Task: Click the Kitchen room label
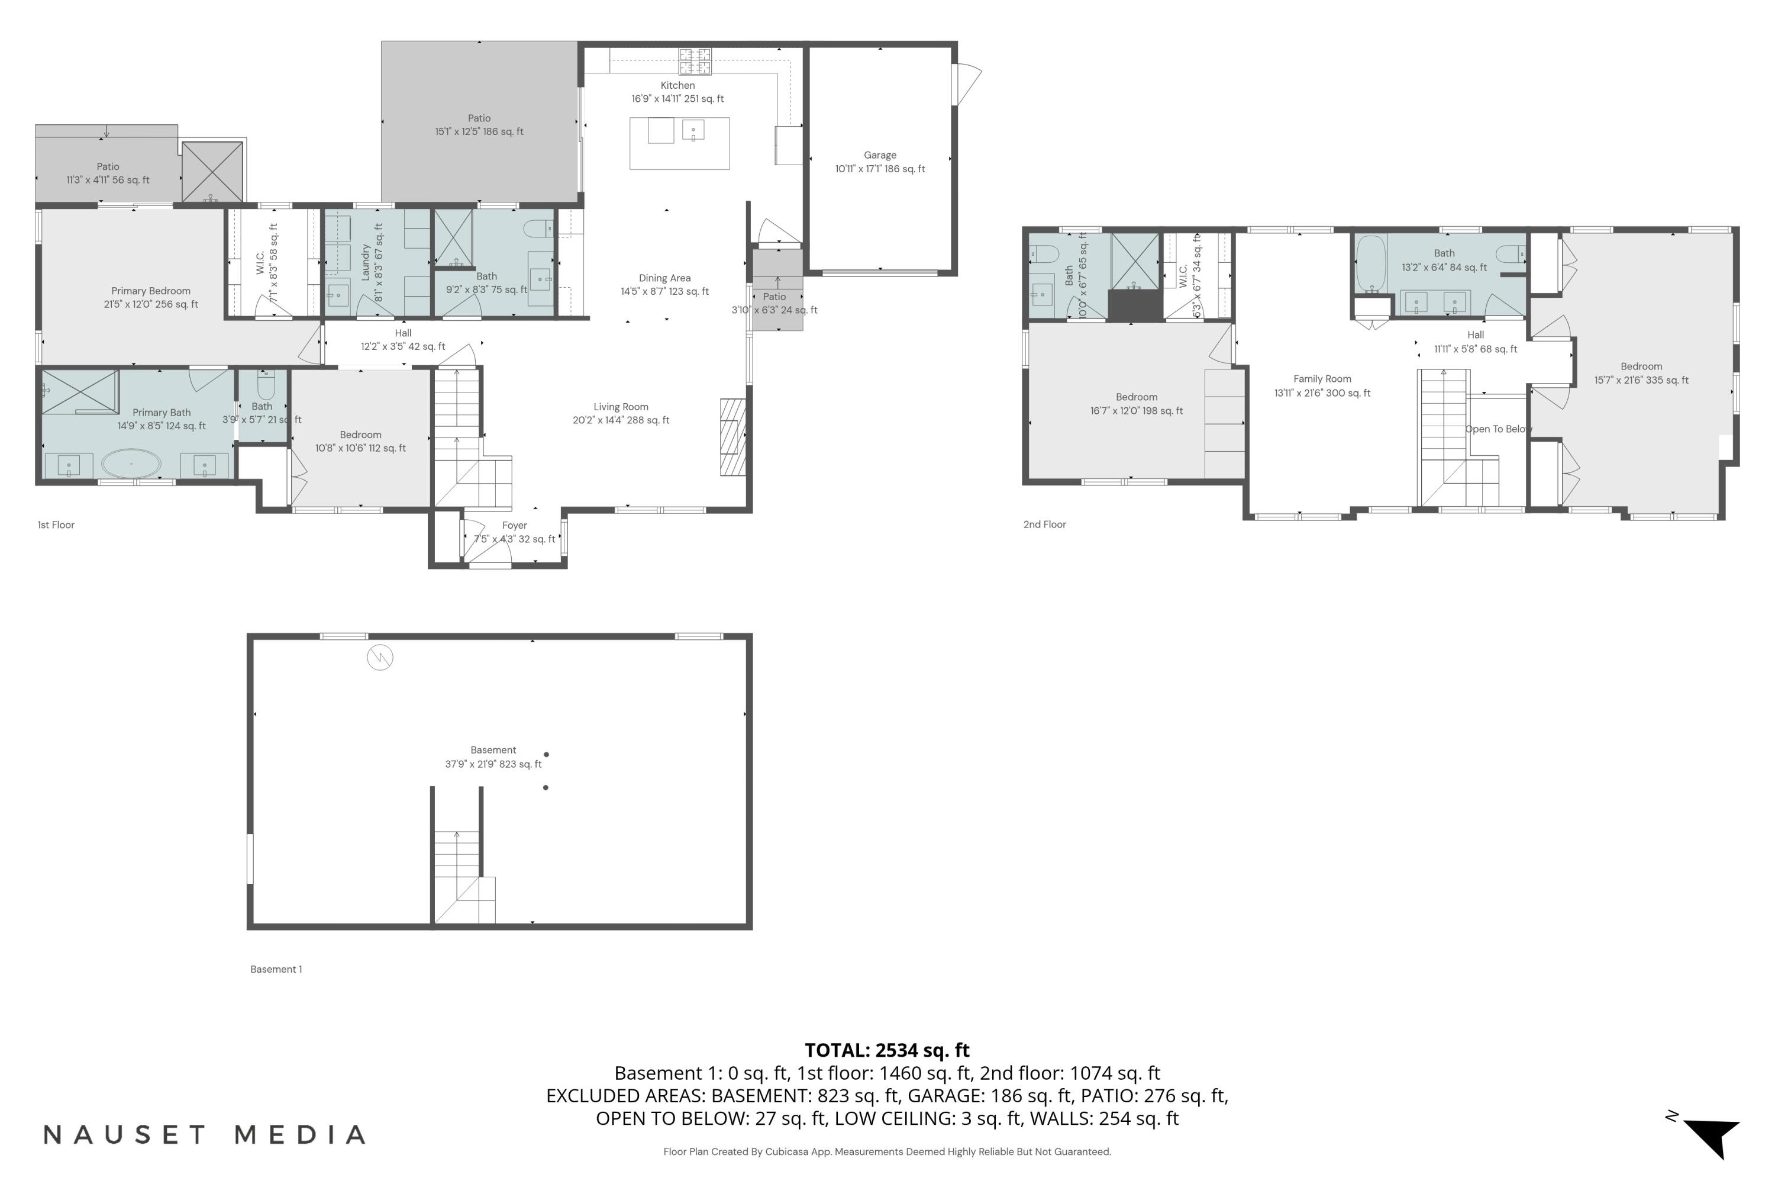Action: pyautogui.click(x=677, y=85)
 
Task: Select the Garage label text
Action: pyautogui.click(x=880, y=155)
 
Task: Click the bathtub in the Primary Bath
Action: pyautogui.click(x=131, y=464)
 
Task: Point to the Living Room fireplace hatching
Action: pyautogui.click(x=732, y=436)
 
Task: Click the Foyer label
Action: pyautogui.click(x=514, y=526)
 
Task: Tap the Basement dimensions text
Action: pyautogui.click(x=493, y=764)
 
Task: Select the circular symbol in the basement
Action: pyautogui.click(x=380, y=658)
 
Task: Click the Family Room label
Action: pyautogui.click(x=1322, y=379)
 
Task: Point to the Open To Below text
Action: pyautogui.click(x=1498, y=429)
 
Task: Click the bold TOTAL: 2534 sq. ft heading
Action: pyautogui.click(x=887, y=1050)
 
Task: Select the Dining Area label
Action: pyautogui.click(x=664, y=278)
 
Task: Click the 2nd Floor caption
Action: pyautogui.click(x=1044, y=524)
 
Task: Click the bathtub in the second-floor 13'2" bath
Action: pyautogui.click(x=1370, y=263)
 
